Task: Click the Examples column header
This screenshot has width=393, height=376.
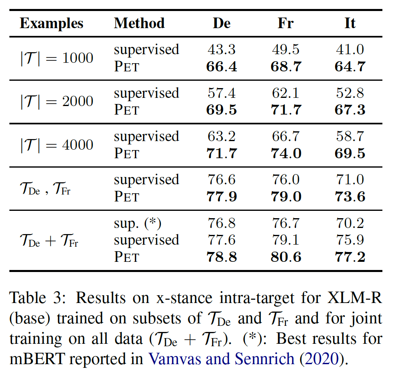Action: pos(51,23)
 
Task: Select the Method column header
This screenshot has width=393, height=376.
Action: pos(139,23)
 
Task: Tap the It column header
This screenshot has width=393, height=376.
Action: pos(350,23)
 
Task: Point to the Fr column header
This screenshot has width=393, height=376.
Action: pos(285,23)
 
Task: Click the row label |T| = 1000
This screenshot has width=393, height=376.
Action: pos(57,58)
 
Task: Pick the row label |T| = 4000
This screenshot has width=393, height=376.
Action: pos(57,145)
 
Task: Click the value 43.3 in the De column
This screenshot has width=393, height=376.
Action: pos(221,50)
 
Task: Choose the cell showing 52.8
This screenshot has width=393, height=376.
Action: pos(350,93)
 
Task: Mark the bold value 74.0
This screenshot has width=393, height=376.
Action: pos(286,154)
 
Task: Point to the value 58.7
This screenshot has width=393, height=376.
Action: pos(350,137)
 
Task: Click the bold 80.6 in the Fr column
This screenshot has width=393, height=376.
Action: pos(286,257)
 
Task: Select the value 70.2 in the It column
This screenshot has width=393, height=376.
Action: pos(350,223)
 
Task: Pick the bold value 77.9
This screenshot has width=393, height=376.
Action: pos(221,197)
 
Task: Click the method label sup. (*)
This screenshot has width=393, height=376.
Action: pos(138,223)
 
